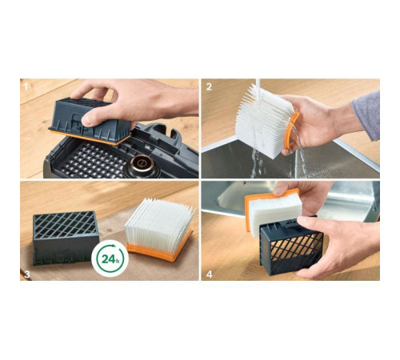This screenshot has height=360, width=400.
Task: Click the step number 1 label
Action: pos(26,86)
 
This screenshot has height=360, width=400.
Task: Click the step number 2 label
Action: pos(209,86)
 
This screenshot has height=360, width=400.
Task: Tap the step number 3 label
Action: pos(27,274)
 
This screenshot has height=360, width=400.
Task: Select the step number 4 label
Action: pos(210,274)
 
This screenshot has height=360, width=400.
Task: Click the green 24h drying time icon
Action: pos(110,258)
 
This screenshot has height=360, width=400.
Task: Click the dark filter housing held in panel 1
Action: pos(91,119)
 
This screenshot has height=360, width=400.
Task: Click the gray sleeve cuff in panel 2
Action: pos(368,115)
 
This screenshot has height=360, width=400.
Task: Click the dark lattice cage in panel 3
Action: pos(66,238)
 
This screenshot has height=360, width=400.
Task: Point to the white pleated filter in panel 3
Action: pos(159,223)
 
